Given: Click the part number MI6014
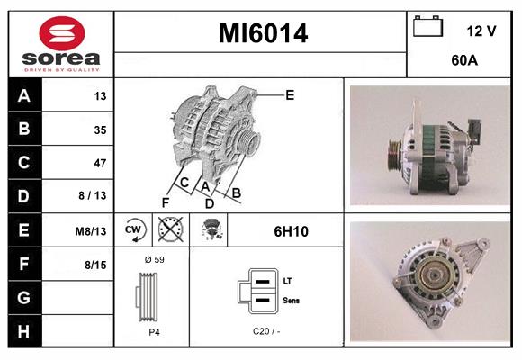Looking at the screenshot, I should [262, 34].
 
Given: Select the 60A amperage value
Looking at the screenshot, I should [463, 62].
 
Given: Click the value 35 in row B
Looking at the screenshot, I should [100, 130].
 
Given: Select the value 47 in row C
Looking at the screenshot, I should [100, 163].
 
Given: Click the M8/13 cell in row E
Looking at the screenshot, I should [92, 231].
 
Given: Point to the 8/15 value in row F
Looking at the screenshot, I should [95, 265].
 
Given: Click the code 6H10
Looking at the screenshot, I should [291, 231].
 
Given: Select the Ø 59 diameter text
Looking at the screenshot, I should [153, 259].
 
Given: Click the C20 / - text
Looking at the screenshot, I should [265, 331].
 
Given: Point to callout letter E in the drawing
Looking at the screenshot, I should [290, 94].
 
